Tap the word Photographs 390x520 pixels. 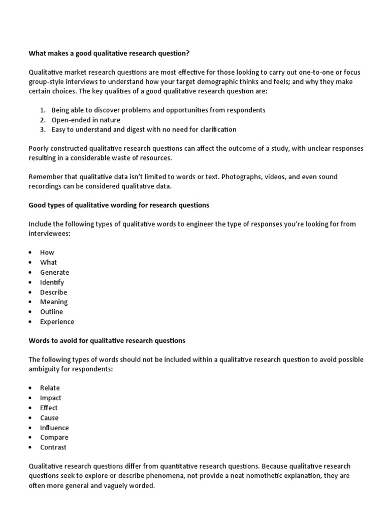(x=241, y=177)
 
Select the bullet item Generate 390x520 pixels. (x=54, y=272)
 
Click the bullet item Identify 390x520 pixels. (x=52, y=282)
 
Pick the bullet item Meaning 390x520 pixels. (x=54, y=302)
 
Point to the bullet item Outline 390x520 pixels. (x=52, y=312)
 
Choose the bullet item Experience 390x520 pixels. (x=57, y=321)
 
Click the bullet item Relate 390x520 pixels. (x=50, y=388)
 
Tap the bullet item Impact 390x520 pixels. (x=51, y=398)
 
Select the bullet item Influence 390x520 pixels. (x=54, y=428)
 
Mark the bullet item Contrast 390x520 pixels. (x=53, y=447)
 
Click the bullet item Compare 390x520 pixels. (x=54, y=437)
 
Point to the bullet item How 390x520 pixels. (x=47, y=252)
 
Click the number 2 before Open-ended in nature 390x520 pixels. (x=43, y=120)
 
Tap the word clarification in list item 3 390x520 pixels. (x=216, y=129)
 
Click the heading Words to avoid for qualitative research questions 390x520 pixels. (x=107, y=340)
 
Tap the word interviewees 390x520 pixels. (x=50, y=234)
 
